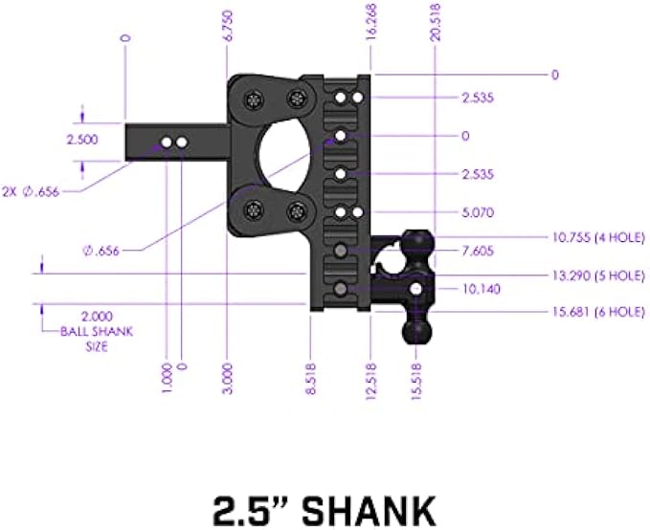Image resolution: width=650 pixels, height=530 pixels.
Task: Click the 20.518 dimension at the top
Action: point(437,21)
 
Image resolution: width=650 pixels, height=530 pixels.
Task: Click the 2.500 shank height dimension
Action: point(82,140)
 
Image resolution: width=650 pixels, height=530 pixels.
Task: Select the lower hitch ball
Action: point(417,331)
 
